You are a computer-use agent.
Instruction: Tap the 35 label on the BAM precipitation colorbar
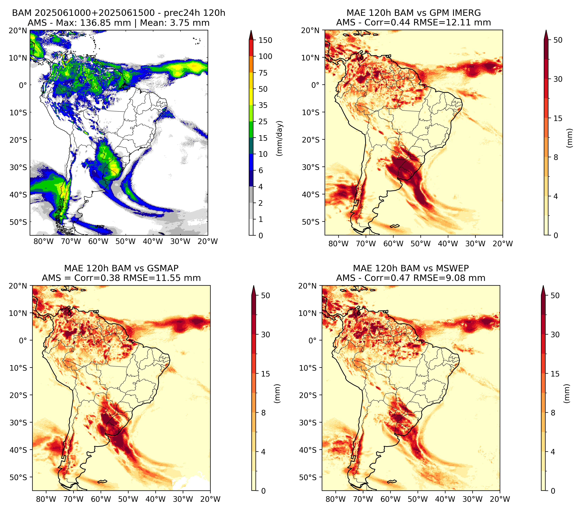coord(263,105)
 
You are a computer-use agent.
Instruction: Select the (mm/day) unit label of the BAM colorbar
coord(280,138)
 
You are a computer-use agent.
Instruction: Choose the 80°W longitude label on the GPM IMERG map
coord(338,244)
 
